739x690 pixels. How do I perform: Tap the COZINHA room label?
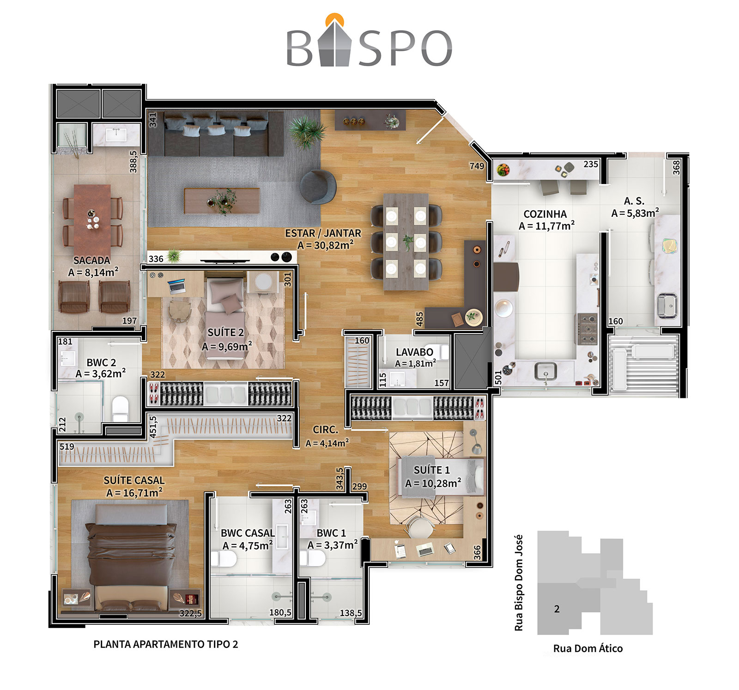545,214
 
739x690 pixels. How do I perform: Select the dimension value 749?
477,166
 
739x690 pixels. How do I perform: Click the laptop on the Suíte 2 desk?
176,286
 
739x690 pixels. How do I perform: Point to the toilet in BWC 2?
120,408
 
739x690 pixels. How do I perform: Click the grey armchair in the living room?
318,187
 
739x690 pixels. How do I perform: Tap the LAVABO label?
414,352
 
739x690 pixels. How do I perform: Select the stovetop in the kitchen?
587,329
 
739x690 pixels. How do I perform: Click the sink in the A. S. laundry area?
666,305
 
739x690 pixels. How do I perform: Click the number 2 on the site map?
557,609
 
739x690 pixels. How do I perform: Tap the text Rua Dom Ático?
588,648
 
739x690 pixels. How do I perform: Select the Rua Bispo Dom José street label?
519,583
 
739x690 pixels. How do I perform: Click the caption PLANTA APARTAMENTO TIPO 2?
166,644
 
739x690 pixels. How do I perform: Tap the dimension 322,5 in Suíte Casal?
190,614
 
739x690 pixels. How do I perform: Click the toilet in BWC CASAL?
224,559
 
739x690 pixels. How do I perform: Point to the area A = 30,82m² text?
326,245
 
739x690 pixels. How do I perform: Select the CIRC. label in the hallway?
326,430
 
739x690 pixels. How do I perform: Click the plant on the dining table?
407,242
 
